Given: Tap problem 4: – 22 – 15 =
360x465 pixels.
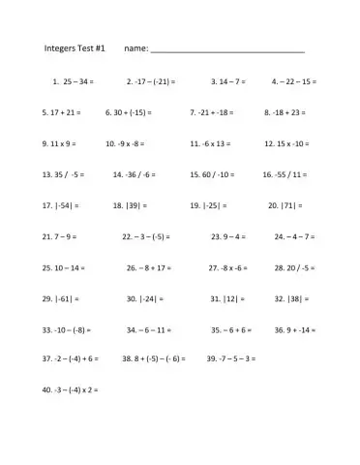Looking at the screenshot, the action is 294,81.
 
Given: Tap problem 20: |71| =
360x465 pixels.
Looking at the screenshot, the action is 288,205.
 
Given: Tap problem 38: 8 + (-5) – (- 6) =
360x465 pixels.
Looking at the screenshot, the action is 154,358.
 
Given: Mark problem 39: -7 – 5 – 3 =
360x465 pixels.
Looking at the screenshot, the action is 231,358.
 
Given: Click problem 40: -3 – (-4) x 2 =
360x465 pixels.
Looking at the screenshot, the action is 71,389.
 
